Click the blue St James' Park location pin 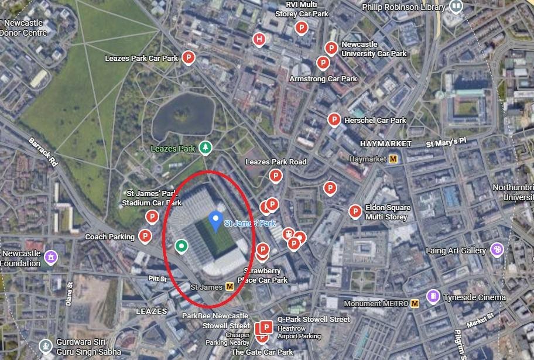pos(215,220)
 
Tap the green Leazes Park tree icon pos(205,147)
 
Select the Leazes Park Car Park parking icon pos(189,57)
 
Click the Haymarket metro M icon pos(394,159)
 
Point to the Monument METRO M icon pos(415,303)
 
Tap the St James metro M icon pos(230,286)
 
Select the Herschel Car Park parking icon pos(334,119)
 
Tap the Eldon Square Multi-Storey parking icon pos(355,211)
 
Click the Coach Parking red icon pos(145,236)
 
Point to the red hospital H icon pos(259,39)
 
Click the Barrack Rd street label pos(44,152)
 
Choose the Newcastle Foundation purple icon pos(51,256)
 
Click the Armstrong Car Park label pos(323,78)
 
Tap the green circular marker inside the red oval pos(182,246)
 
